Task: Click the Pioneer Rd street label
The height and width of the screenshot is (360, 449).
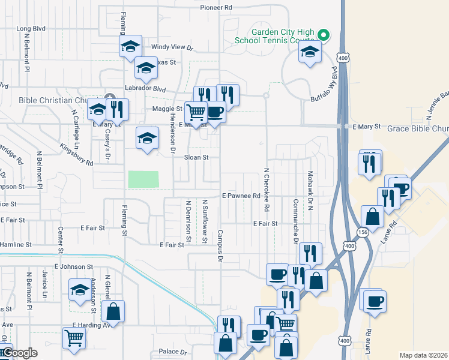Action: click(215, 8)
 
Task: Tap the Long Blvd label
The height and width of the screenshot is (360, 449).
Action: click(32, 28)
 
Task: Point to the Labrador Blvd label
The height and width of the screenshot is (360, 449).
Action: click(145, 88)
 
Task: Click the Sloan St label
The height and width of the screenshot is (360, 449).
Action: click(196, 157)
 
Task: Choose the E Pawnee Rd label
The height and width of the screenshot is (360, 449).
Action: click(241, 196)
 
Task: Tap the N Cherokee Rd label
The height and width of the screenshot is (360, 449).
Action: click(266, 188)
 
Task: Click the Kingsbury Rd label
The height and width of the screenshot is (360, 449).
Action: click(77, 154)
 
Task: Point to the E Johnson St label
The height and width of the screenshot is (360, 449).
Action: click(74, 266)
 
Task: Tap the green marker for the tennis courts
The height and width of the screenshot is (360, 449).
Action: click(324, 34)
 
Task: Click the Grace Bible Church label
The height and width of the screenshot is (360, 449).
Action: click(418, 128)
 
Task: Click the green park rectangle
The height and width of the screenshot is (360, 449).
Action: click(143, 179)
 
